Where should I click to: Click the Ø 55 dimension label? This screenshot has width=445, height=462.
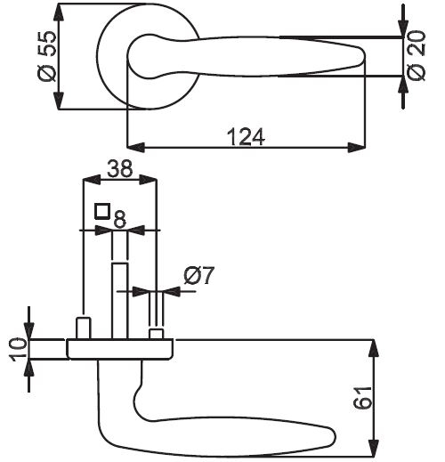pyautogui.click(x=47, y=56)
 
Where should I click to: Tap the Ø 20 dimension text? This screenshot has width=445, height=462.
pyautogui.click(x=416, y=55)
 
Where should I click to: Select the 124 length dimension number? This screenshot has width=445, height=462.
pyautogui.click(x=246, y=137)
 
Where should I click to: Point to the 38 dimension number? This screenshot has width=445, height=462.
pyautogui.click(x=120, y=168)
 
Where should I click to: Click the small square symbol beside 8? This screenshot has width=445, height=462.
pyautogui.click(x=102, y=211)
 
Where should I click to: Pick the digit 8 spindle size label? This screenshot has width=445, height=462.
pyautogui.click(x=120, y=219)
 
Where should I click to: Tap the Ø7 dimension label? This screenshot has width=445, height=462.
pyautogui.click(x=198, y=275)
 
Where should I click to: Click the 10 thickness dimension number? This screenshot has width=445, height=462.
pyautogui.click(x=19, y=349)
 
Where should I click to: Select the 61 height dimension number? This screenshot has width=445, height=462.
pyautogui.click(x=362, y=398)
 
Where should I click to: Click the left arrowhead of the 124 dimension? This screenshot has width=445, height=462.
pyautogui.click(x=136, y=147)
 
